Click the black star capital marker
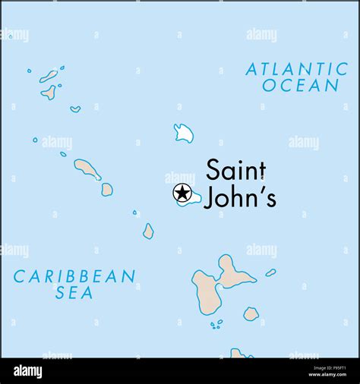coord(182,194)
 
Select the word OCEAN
coord(300,86)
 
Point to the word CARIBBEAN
coord(74,276)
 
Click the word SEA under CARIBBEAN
coord(74,293)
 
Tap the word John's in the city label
coord(241,197)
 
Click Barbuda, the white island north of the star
coord(183,134)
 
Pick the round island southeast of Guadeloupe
coord(251,313)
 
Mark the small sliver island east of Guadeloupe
coord(270,272)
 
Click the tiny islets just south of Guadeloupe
coord(216,324)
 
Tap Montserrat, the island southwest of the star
coord(148,231)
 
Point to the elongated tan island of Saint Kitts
coord(87,169)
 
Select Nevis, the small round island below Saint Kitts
coord(107,189)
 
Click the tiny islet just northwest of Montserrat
coord(134,212)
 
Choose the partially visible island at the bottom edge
coord(239,353)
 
